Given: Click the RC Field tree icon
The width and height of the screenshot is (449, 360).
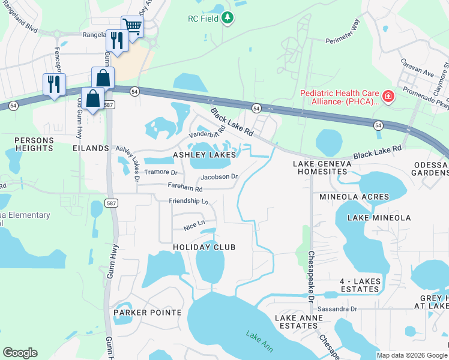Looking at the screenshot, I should (227, 19).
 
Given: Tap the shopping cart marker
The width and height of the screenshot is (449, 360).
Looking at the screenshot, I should (132, 26).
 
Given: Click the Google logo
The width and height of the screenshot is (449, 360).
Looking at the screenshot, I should (20, 353).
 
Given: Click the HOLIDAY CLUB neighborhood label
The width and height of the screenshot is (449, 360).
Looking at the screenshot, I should (204, 247).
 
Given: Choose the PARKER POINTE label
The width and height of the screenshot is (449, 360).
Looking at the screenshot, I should (147, 313).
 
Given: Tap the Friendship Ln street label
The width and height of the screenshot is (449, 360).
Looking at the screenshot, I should (188, 201).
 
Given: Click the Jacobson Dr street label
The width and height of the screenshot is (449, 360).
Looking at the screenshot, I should (220, 177).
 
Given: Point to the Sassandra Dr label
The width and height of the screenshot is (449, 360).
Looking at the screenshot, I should (337, 309).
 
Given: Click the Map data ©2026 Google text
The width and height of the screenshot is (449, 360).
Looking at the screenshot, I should (411, 355).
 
